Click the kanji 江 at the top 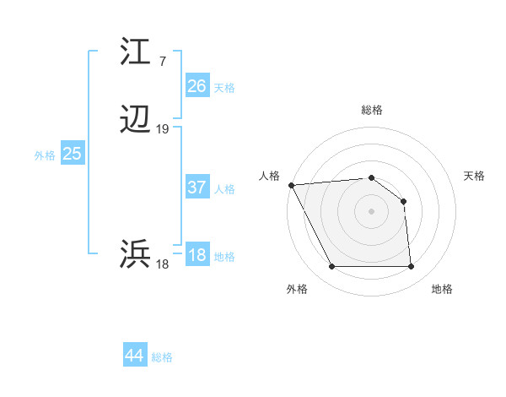point(135,52)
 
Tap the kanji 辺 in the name point(135,121)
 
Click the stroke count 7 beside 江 point(162,62)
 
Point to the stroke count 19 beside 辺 point(163,129)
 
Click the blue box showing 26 point(196,86)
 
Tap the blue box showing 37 point(196,188)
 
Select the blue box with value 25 point(72,154)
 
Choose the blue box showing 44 point(134,356)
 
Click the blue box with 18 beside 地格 point(196,256)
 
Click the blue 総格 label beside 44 point(162,357)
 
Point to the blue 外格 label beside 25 point(45,155)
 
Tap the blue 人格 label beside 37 point(225,189)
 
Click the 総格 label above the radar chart point(372,110)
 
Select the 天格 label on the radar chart point(474,176)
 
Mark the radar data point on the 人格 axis point(291,185)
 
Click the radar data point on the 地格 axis point(411,267)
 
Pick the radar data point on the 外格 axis point(331,267)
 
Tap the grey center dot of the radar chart point(371,211)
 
